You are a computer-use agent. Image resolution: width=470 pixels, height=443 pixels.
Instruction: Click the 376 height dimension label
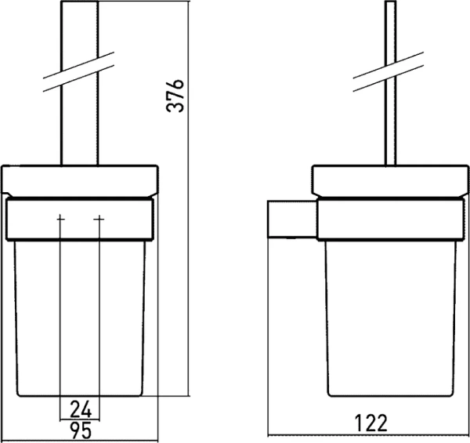coord(175,96)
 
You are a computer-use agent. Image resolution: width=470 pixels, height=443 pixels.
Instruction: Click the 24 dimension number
coord(81,410)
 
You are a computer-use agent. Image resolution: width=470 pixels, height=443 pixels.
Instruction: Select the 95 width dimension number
coord(81,430)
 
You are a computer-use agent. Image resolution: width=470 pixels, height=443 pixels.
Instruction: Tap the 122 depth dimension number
coord(371,423)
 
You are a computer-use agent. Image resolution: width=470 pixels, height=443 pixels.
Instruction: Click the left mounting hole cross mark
coord(60,220)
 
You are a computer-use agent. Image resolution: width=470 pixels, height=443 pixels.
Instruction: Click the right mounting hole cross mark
coord(99,220)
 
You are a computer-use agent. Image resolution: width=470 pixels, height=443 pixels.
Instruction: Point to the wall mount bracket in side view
coord(292,220)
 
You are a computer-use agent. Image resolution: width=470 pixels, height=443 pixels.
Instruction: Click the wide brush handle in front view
coord(80,83)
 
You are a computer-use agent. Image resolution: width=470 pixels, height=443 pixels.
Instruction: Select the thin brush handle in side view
coord(390,83)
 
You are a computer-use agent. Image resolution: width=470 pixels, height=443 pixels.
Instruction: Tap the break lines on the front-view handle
coord(78,71)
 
